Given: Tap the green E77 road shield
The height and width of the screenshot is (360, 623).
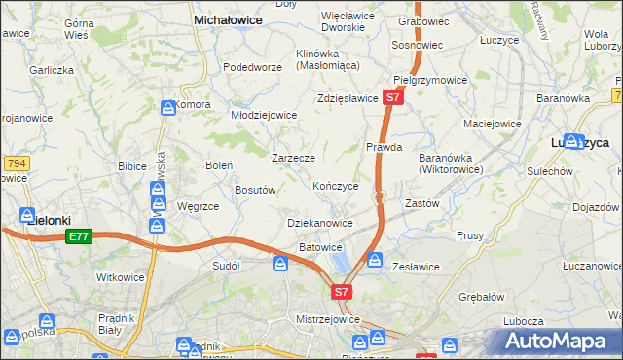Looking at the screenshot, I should point(79,236).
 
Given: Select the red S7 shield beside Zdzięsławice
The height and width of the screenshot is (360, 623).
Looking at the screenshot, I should point(392,98).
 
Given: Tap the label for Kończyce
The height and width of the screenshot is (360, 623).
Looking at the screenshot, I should point(336,185).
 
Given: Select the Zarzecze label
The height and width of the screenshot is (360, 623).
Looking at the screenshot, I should point(293,157).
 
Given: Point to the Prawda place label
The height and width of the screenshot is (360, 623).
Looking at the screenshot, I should point(384,148).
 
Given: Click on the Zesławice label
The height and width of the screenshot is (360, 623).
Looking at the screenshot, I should point(416,267).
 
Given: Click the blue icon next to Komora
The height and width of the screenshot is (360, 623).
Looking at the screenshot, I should point(166,106).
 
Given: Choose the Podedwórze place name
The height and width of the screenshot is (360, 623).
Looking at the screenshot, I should point(252,67).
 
